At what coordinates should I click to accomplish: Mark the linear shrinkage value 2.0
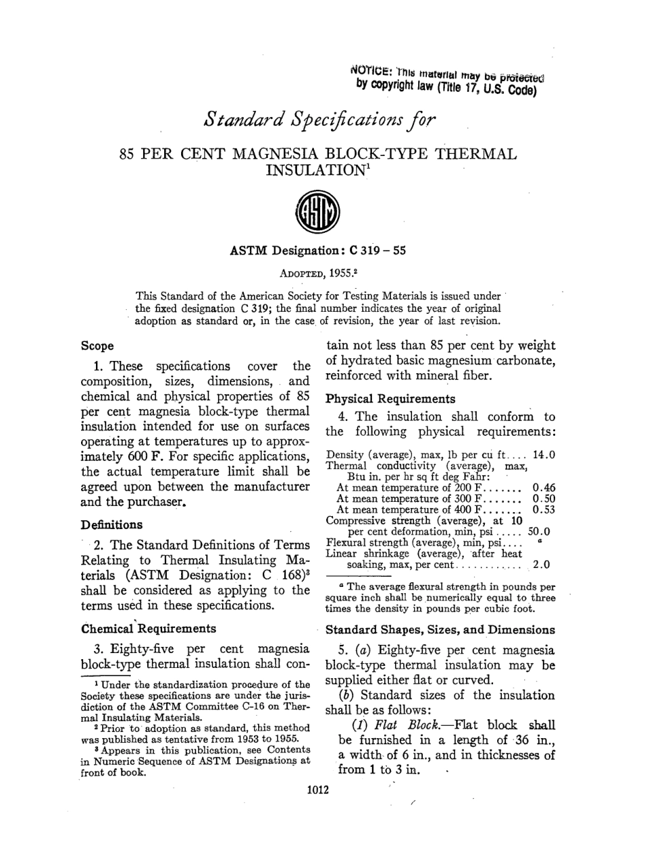tap(543, 564)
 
